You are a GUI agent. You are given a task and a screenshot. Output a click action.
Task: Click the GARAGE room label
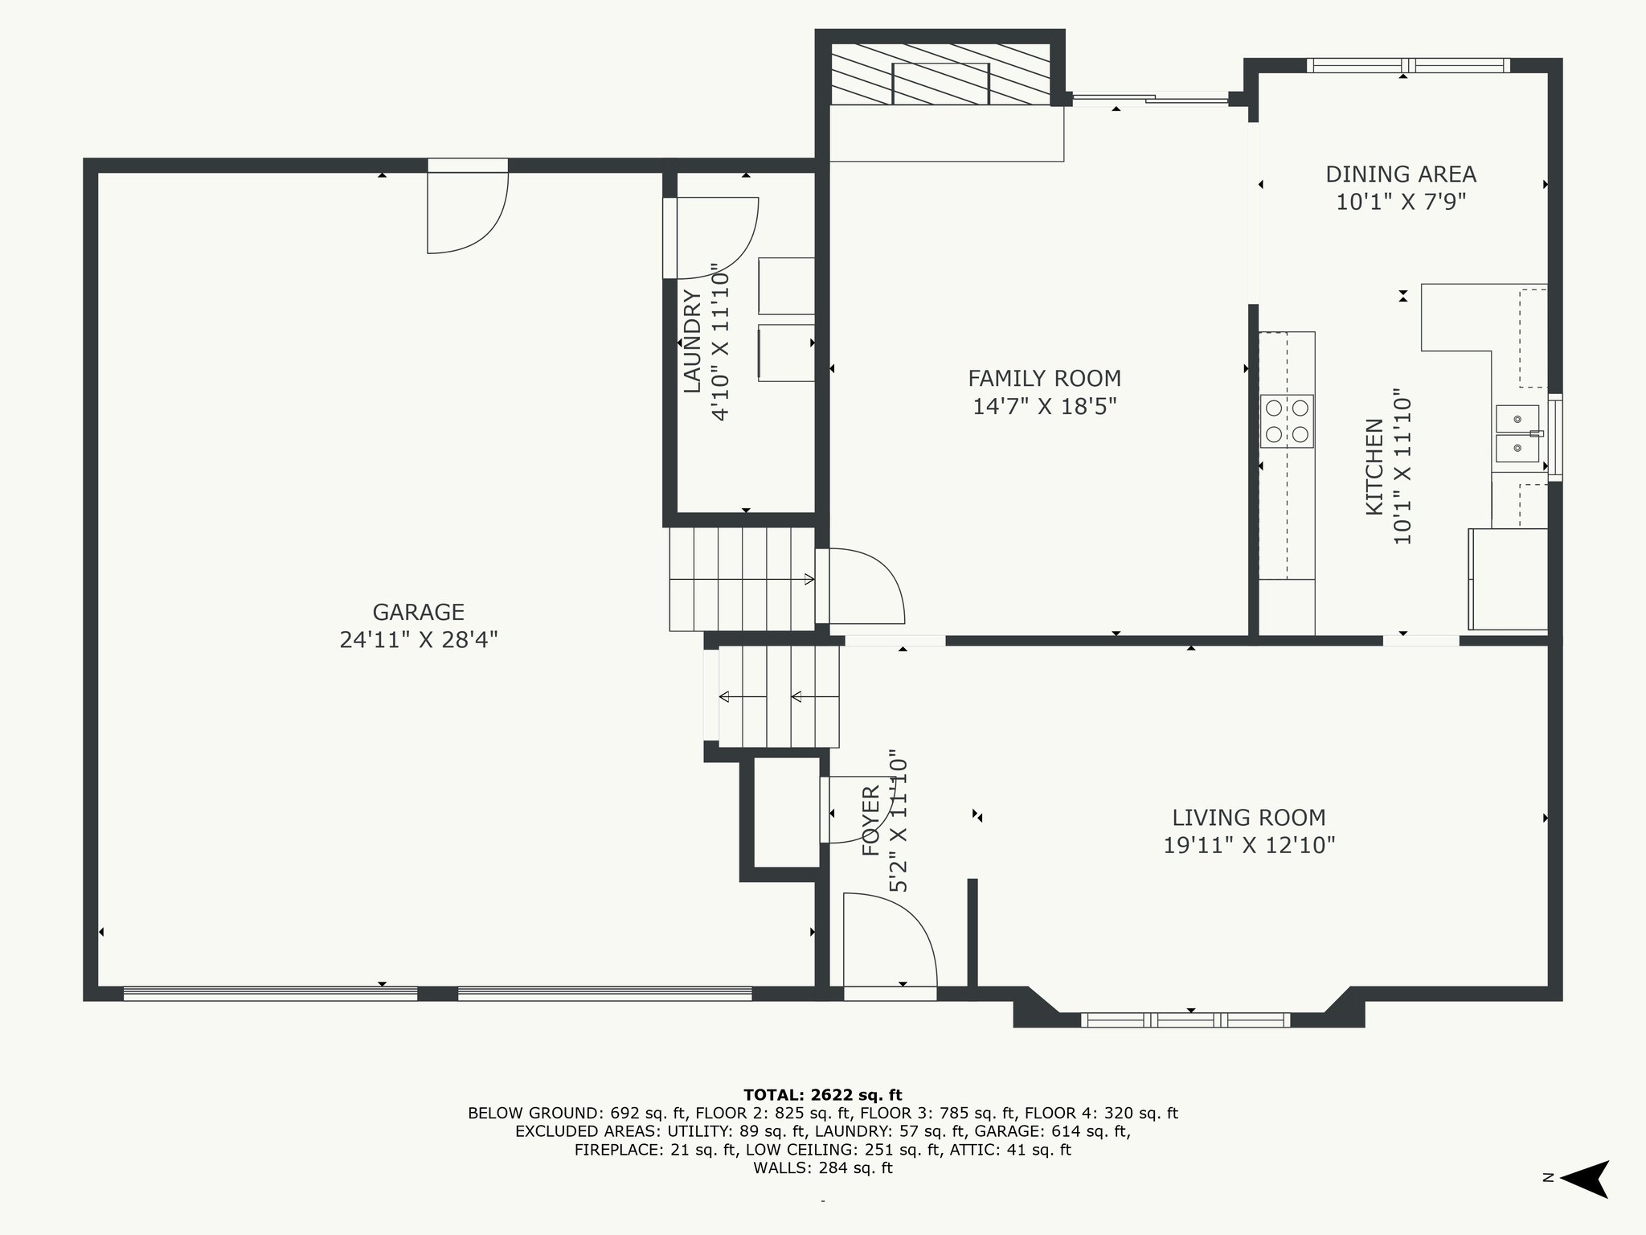[418, 613]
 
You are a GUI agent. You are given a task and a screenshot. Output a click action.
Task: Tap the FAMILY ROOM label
[1044, 378]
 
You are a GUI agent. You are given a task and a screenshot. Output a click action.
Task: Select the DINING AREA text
[1401, 174]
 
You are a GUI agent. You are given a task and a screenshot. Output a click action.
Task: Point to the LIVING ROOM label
[1249, 818]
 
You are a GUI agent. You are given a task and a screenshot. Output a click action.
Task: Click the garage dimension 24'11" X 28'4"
[419, 640]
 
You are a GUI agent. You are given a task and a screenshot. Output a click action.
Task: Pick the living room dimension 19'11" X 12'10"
[1250, 845]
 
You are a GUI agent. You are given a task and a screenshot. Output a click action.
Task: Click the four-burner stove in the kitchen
[1287, 421]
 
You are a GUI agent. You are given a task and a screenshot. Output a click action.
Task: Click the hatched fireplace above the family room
[940, 74]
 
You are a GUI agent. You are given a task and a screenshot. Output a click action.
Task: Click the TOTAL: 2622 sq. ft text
[823, 1095]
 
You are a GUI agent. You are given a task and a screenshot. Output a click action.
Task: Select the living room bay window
[1185, 1020]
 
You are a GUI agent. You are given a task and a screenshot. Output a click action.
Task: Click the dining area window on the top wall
[1407, 65]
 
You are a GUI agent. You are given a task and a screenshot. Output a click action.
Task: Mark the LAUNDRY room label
[692, 342]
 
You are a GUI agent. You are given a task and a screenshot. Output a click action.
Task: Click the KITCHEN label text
[1374, 467]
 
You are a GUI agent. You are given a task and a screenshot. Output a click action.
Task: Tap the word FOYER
[871, 821]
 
